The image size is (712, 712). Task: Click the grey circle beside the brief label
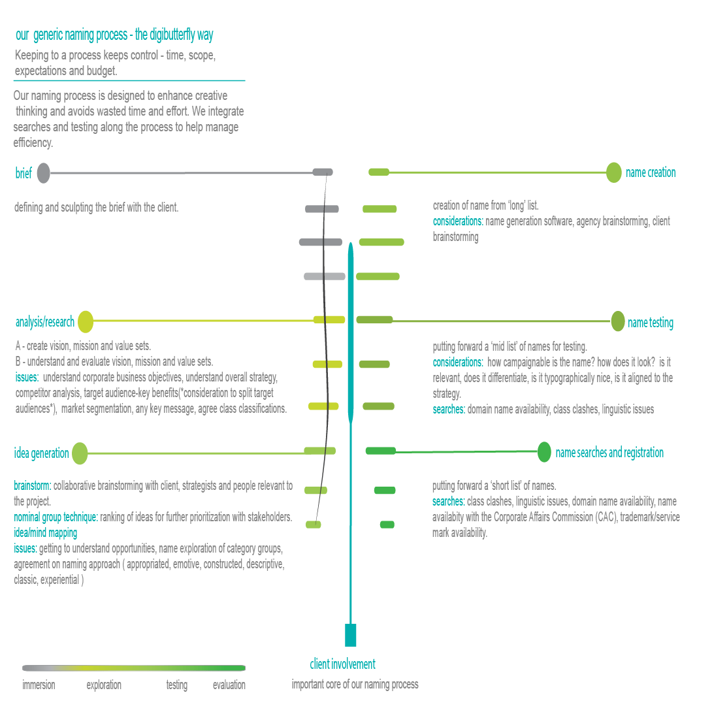coord(43,173)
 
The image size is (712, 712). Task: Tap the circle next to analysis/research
coord(86,322)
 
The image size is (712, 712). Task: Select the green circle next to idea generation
coord(79,453)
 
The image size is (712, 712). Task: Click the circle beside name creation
coord(613,172)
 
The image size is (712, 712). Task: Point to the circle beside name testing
coord(618,321)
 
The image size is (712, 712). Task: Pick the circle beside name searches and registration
coord(544,452)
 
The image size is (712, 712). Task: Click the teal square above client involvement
coord(351,635)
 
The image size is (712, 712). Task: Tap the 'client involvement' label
coord(342,664)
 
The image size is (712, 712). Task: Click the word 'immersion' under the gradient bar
coord(39,685)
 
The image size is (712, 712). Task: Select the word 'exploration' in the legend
coord(104,685)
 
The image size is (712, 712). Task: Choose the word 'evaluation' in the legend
coord(229,685)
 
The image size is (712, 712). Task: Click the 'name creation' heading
coord(651,172)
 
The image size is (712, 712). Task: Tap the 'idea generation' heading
coord(41,453)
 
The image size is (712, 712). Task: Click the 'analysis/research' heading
coord(44,322)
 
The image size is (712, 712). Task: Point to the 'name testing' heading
coord(650,323)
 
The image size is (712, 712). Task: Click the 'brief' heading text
coord(24,173)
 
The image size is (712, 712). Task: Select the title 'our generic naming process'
coord(114,35)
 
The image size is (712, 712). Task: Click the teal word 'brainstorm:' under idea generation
coord(32,486)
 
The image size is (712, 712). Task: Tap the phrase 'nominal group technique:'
coord(56,517)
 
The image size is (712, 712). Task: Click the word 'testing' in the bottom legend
coord(176,685)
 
